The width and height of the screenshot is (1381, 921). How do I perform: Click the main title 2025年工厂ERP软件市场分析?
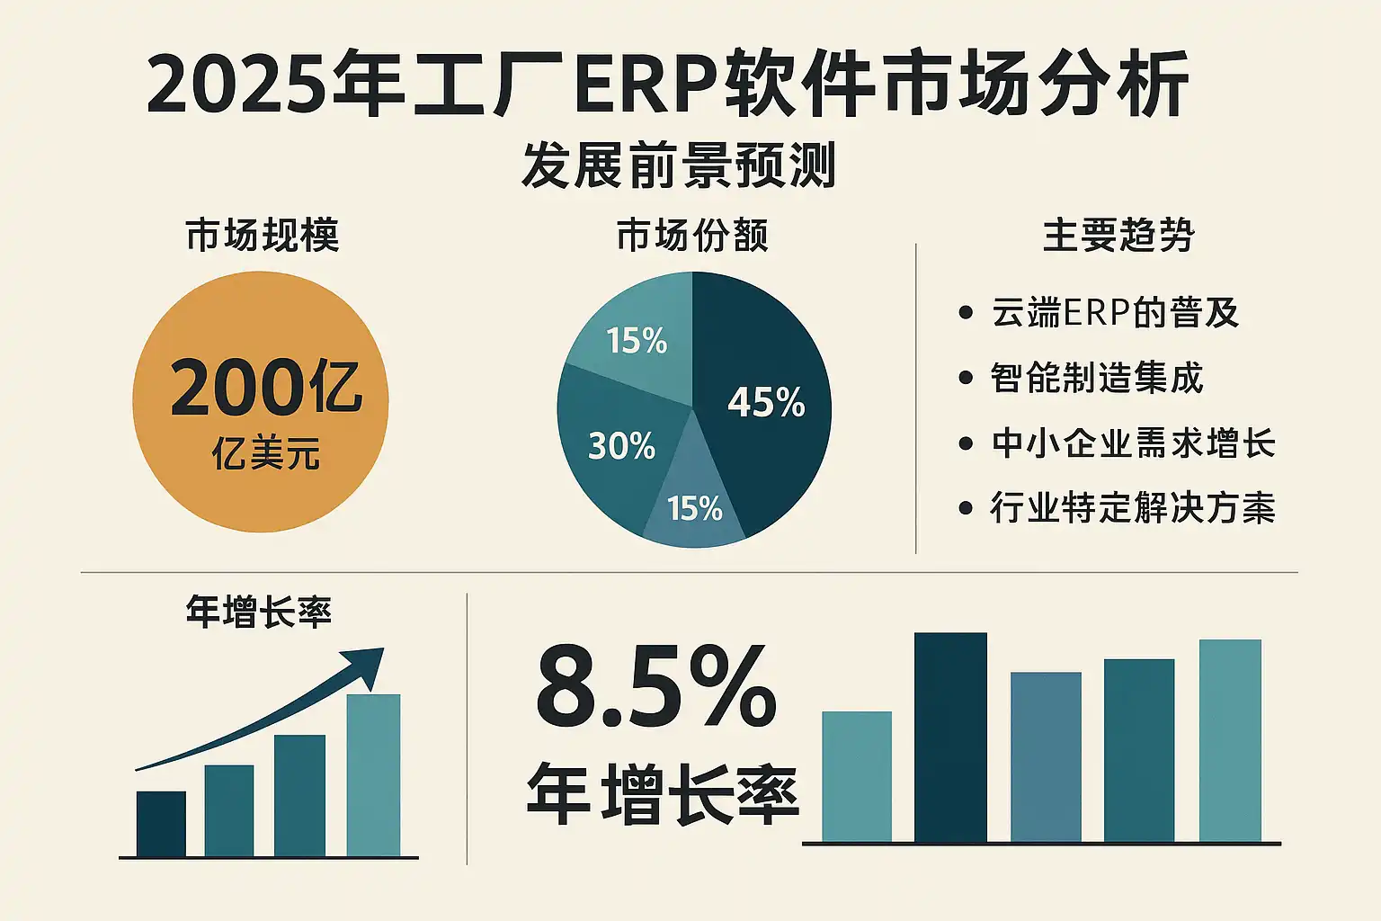click(667, 85)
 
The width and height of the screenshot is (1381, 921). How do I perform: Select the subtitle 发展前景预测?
click(679, 165)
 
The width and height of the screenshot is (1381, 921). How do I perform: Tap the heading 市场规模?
click(263, 236)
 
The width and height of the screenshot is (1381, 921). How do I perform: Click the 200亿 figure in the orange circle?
click(266, 388)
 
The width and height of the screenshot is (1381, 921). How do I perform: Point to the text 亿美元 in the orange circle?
click(266, 454)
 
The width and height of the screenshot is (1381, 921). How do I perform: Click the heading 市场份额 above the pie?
click(692, 236)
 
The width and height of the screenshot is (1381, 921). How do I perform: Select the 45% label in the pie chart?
click(766, 402)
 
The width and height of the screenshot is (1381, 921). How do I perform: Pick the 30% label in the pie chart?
click(621, 446)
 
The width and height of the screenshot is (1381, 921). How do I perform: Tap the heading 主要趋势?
click(1118, 236)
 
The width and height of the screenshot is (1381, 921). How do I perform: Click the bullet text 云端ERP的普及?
click(1115, 313)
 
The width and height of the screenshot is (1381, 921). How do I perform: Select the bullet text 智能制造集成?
click(1097, 378)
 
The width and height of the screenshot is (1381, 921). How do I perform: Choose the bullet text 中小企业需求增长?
click(1133, 443)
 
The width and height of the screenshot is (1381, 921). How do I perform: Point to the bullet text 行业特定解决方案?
click(1133, 508)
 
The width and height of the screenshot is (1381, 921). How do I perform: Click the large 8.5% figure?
click(656, 688)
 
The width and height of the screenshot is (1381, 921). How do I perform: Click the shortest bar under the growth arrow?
click(161, 823)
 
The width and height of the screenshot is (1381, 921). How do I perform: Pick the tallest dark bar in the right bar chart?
click(950, 738)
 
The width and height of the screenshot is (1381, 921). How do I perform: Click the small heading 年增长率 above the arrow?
click(259, 612)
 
